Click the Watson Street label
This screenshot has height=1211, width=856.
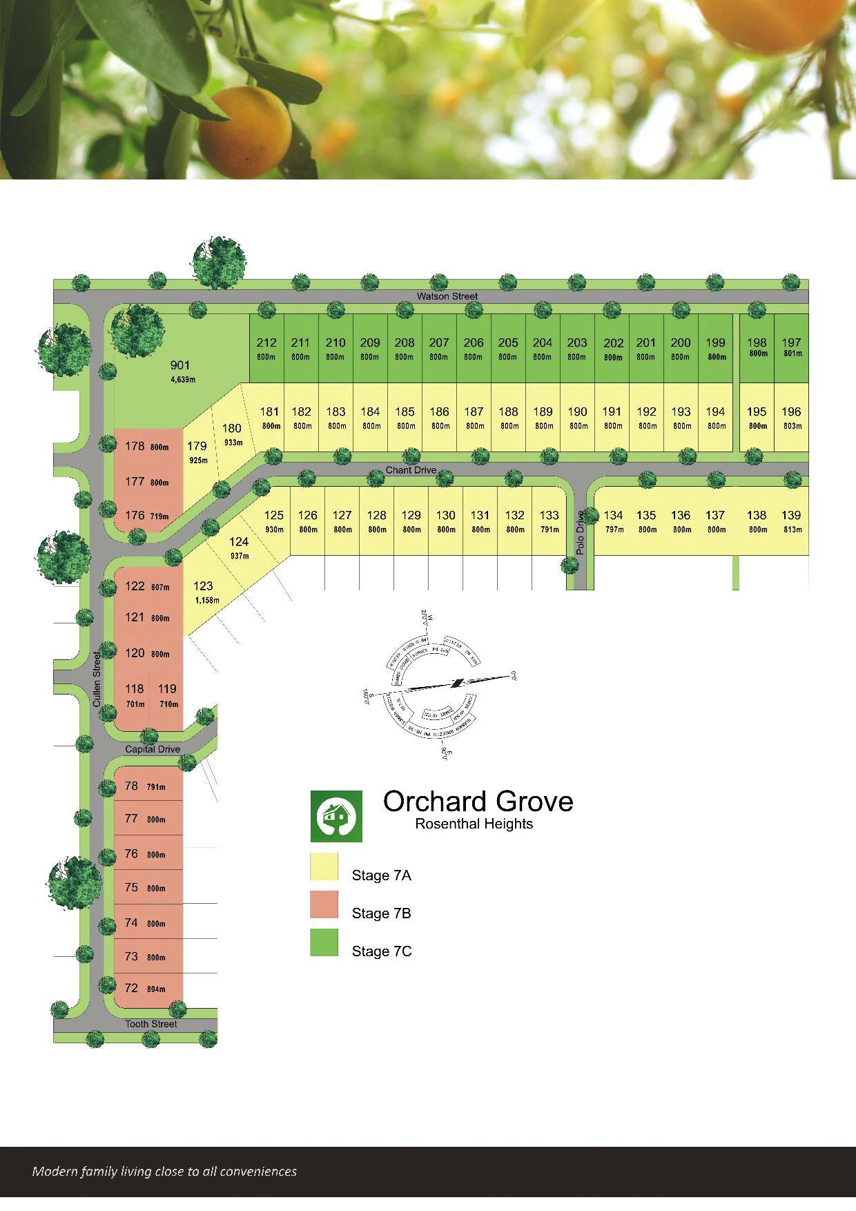point(447,296)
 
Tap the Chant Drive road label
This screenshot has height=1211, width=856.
point(411,470)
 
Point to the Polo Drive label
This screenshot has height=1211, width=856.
point(580,532)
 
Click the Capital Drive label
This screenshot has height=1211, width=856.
point(153,749)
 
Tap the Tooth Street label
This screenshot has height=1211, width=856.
point(151,1024)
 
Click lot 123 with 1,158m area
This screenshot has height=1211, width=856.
point(205,592)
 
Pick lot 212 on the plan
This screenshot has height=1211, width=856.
point(266,347)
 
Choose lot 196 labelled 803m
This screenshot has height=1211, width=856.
point(791,417)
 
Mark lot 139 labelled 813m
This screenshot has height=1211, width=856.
point(791,521)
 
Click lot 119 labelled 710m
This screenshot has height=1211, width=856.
point(168,694)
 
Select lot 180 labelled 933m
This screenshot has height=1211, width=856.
point(232,434)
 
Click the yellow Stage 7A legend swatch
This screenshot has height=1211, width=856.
point(324,867)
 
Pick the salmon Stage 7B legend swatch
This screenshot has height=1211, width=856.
point(324,905)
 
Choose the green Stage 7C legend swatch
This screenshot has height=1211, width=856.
point(324,943)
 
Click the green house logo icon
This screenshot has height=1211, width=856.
point(336,816)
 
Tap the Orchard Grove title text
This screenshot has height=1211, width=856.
point(478,802)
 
